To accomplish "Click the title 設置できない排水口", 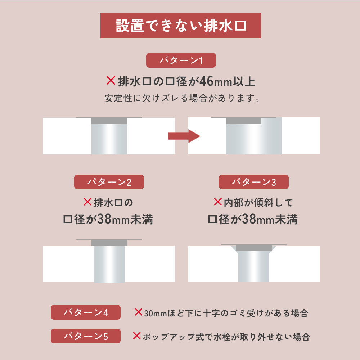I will pyautogui.click(x=181, y=26).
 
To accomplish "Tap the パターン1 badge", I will pyautogui.click(x=181, y=60).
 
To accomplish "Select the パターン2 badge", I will pyautogui.click(x=109, y=182).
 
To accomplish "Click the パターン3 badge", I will pyautogui.click(x=253, y=182).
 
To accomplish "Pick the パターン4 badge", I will pyautogui.click(x=86, y=312).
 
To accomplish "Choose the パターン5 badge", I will pyautogui.click(x=86, y=336).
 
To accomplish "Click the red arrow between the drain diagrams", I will pyautogui.click(x=184, y=136).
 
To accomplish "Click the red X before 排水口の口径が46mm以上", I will pyautogui.click(x=111, y=81).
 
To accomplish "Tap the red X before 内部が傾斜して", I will pyautogui.click(x=217, y=202).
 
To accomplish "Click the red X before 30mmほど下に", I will pyautogui.click(x=138, y=312).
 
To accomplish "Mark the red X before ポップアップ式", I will pyautogui.click(x=137, y=336).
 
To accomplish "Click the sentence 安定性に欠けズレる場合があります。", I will pyautogui.click(x=182, y=98).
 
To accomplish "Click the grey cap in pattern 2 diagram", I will pyautogui.click(x=109, y=243).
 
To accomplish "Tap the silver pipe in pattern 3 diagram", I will pyautogui.click(x=254, y=266).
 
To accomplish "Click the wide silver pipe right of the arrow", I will pyautogui.click(x=253, y=139).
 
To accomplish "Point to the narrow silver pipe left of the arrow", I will pyautogui.click(x=109, y=139).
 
